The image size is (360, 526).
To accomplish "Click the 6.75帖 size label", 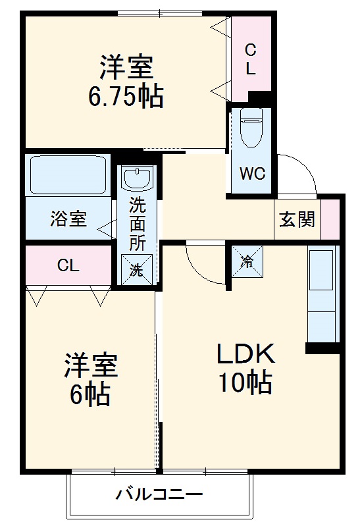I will [x=126, y=96].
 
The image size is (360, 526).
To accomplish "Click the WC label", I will [x=251, y=174].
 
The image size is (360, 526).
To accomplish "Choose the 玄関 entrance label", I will [x=297, y=220].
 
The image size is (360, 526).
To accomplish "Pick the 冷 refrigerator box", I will [x=247, y=261].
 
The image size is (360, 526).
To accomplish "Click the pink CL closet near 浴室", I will [x=68, y=266].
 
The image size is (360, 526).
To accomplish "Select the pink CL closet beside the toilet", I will [x=250, y=59].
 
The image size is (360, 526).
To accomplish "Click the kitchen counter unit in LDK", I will [x=322, y=294].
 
